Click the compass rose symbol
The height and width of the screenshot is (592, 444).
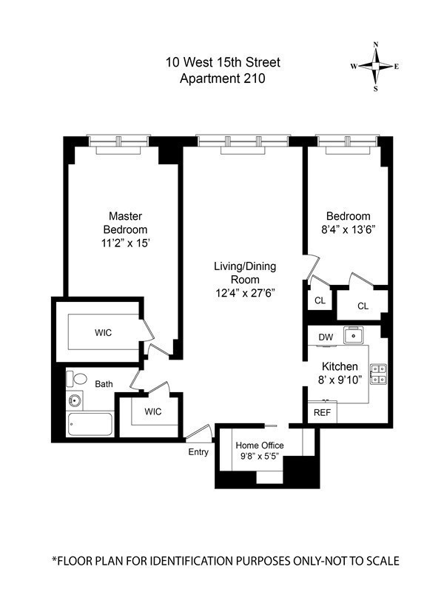click(x=375, y=67)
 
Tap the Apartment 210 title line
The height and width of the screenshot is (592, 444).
click(x=223, y=78)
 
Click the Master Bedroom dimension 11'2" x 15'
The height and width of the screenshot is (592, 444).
click(x=126, y=243)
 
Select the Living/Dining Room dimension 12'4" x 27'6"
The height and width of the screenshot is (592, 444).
click(x=245, y=293)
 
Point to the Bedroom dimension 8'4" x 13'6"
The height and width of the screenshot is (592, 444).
click(x=348, y=229)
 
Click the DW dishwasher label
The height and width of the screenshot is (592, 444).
click(x=326, y=337)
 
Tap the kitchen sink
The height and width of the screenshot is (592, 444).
click(x=354, y=335)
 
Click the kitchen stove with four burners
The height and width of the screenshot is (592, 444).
click(x=378, y=374)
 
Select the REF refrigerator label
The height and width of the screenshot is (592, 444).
click(x=322, y=413)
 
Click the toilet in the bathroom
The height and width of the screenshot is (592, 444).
click(x=77, y=379)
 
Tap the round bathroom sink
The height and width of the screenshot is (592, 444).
click(x=75, y=400)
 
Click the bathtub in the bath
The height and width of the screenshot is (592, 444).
click(x=90, y=424)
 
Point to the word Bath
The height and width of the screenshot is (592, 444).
click(x=104, y=384)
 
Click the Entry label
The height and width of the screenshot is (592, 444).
click(x=198, y=452)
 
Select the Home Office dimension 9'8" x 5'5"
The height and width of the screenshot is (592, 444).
click(x=260, y=456)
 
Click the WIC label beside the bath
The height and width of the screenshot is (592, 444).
click(x=153, y=411)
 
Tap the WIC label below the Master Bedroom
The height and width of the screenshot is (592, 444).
click(x=103, y=332)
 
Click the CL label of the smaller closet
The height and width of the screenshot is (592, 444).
click(x=320, y=300)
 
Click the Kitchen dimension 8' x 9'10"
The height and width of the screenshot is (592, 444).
click(x=340, y=380)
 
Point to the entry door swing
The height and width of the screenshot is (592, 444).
click(x=199, y=433)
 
